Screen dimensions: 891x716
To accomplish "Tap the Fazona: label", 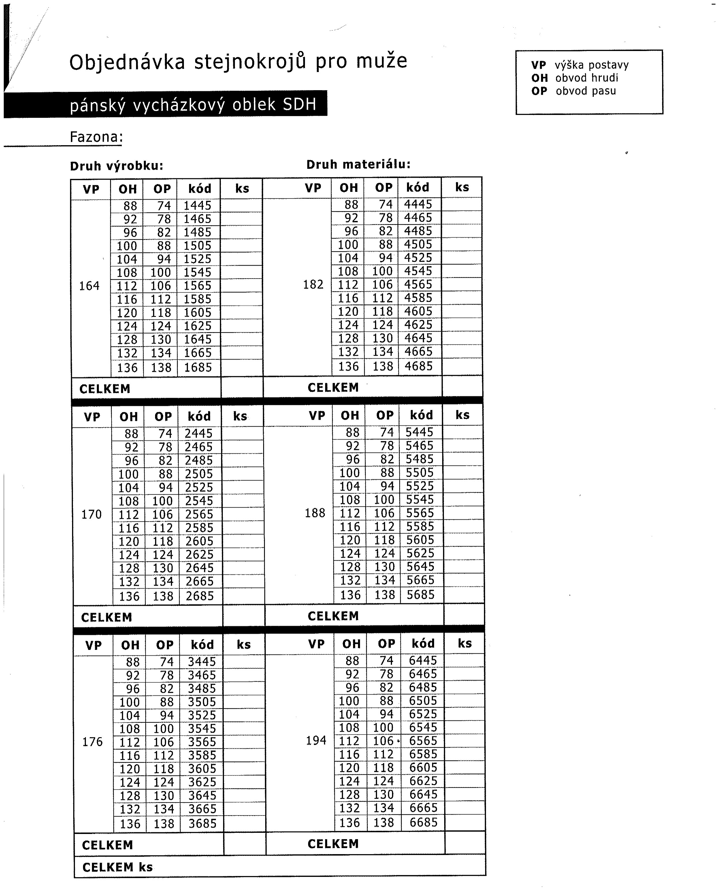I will (96, 137).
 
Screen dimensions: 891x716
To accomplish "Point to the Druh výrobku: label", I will (117, 166).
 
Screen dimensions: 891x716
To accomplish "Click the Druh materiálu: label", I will (358, 164).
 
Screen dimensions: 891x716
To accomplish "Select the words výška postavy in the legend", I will (591, 65).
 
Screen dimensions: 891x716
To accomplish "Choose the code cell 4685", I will (419, 366).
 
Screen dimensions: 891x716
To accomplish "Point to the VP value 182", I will (313, 284).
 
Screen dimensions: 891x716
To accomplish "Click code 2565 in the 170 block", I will (199, 514).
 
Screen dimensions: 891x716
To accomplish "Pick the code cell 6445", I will (423, 660).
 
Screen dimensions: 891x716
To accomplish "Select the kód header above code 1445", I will (200, 189).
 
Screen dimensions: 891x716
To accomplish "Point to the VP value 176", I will (92, 742).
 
